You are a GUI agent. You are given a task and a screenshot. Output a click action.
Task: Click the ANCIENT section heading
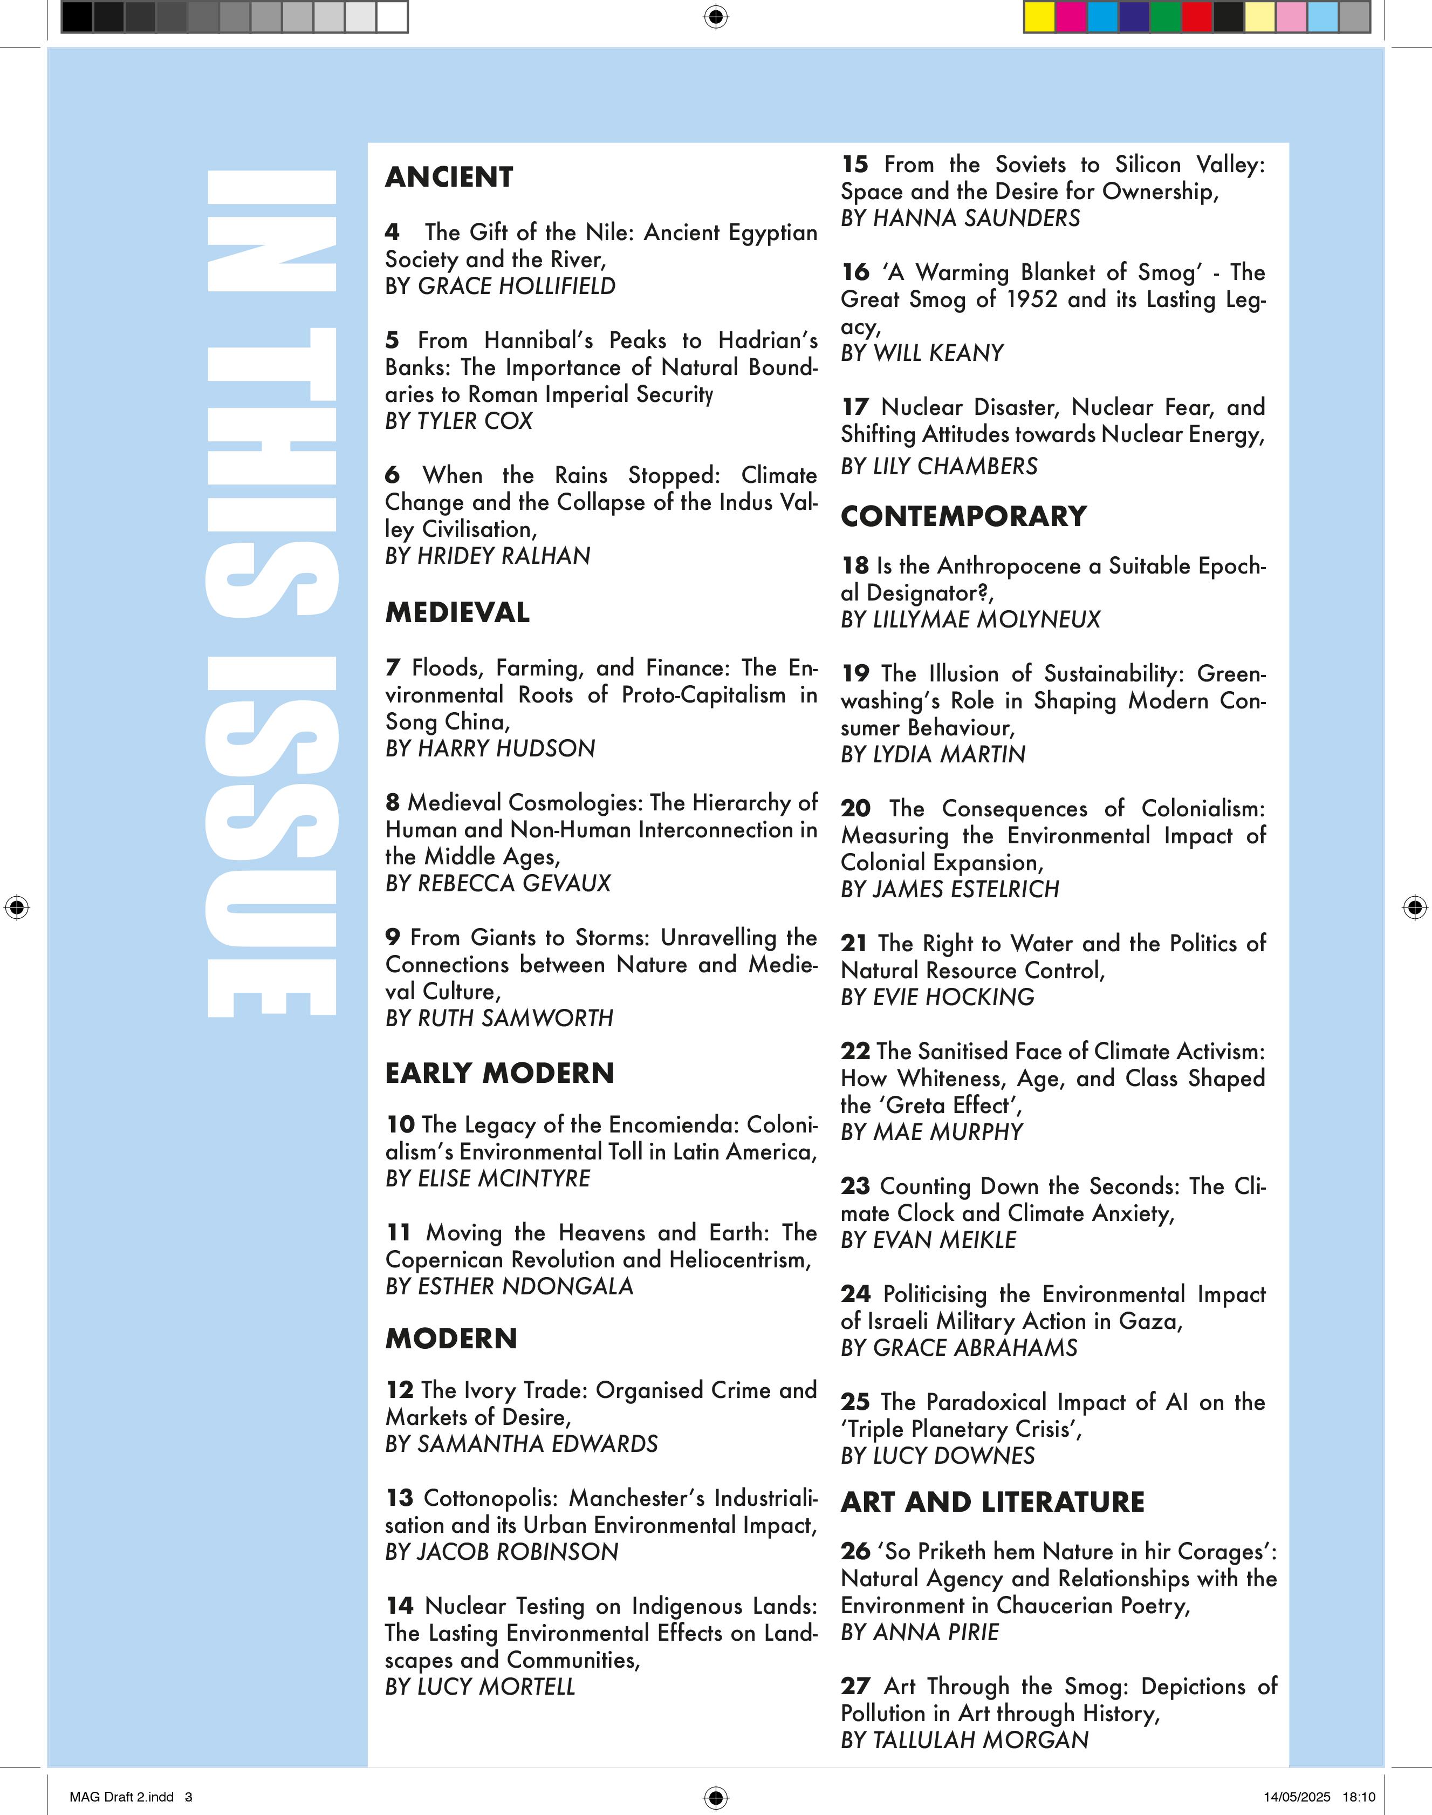(449, 177)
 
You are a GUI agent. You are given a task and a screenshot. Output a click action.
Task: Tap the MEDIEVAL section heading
(457, 612)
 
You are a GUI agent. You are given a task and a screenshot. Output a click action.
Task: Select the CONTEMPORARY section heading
(963, 516)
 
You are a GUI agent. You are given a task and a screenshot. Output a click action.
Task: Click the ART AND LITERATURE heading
(992, 1502)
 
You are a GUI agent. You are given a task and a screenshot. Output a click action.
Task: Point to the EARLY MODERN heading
(499, 1073)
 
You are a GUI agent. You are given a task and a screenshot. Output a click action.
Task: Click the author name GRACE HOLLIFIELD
(517, 286)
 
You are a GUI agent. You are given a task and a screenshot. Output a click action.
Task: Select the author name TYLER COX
(475, 421)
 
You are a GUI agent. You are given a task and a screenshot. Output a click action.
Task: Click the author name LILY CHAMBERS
(955, 466)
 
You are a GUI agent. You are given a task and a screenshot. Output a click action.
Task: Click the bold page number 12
(400, 1390)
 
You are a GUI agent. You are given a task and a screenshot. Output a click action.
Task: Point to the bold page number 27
(855, 1686)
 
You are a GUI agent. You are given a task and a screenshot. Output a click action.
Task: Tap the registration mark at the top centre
(716, 17)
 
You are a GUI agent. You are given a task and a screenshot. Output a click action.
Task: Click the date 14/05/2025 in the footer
(1297, 1797)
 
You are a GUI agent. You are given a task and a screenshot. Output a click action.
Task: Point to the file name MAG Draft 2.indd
(121, 1797)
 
